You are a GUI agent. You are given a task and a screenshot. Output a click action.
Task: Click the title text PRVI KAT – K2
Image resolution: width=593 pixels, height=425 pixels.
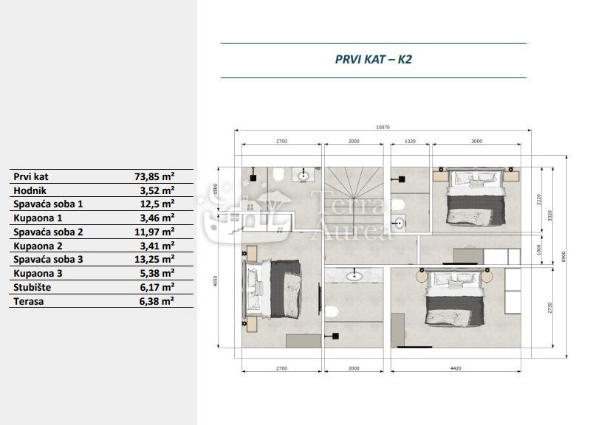[373, 60]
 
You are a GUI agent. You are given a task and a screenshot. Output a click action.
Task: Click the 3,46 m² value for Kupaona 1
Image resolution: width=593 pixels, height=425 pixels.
[157, 218]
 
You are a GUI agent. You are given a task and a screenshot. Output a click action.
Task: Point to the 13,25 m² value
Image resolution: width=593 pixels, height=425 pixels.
[155, 260]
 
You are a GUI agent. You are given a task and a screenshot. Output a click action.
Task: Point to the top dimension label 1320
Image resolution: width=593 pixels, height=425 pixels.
[411, 141]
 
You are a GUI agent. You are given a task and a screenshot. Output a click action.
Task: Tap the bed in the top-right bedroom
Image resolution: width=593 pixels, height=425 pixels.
[476, 196]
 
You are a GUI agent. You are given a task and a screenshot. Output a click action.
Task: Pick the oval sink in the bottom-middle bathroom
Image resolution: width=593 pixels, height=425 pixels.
[355, 277]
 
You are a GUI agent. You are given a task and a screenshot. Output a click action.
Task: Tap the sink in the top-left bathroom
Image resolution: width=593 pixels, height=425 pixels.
[304, 176]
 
